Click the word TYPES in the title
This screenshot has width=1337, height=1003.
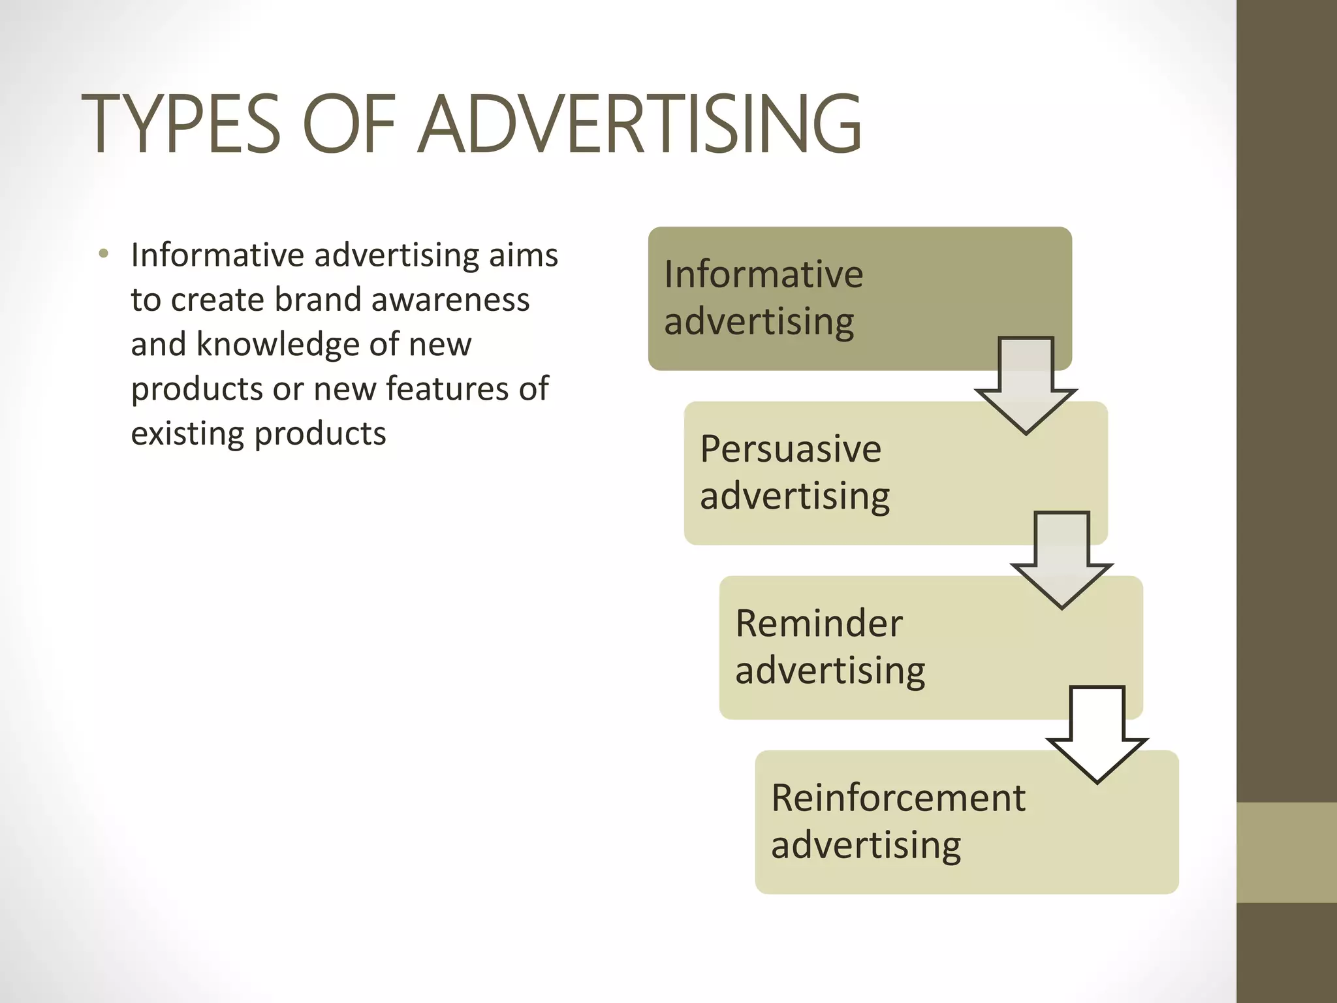(x=181, y=124)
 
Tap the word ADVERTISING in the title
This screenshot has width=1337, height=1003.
(x=640, y=124)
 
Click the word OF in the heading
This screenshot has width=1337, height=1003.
(x=349, y=124)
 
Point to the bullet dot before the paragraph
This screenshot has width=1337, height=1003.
(x=103, y=254)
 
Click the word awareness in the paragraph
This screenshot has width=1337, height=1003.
(x=450, y=300)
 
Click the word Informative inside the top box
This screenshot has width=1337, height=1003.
(x=763, y=274)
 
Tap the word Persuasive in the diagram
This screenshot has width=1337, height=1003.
(x=791, y=449)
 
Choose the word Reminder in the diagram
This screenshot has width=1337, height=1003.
(x=819, y=624)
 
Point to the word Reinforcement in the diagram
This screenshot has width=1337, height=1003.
(x=898, y=798)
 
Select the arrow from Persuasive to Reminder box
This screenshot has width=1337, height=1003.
(x=1062, y=559)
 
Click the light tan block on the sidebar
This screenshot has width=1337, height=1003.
(x=1286, y=852)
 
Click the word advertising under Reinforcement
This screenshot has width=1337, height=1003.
(x=866, y=846)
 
